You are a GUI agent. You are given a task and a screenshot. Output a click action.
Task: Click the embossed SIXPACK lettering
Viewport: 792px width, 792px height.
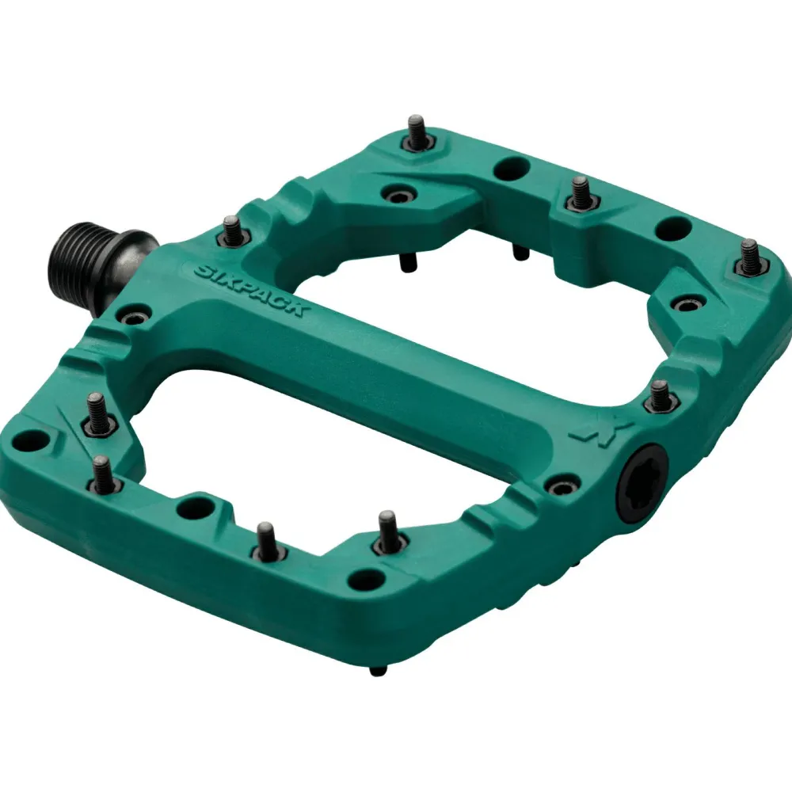tap(249, 291)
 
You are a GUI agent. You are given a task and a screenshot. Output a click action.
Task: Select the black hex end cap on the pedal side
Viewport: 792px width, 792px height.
tap(642, 486)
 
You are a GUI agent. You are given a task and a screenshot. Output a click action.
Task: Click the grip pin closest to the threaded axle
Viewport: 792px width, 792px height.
tap(231, 230)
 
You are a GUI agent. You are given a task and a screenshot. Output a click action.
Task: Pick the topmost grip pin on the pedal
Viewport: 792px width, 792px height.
tap(417, 132)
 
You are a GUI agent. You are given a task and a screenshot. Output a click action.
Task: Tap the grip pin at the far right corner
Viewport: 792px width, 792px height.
tap(749, 257)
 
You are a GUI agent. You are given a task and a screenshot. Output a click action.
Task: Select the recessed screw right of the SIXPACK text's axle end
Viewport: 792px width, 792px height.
tap(132, 318)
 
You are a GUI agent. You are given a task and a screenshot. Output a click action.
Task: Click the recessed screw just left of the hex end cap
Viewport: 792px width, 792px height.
tap(562, 488)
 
